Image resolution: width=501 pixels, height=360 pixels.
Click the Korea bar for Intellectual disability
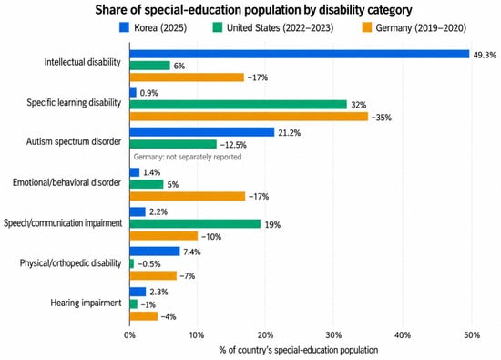(300, 54)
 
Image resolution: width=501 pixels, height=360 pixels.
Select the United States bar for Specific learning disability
(238, 105)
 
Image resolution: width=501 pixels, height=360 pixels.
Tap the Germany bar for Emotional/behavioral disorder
(188, 196)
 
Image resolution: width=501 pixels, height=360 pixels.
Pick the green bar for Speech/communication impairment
(195, 224)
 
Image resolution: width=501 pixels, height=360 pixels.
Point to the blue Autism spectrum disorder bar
(202, 132)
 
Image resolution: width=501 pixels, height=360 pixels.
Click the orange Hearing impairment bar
(143, 316)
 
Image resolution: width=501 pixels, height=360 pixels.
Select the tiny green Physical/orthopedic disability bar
(132, 263)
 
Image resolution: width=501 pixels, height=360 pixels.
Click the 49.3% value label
(485, 55)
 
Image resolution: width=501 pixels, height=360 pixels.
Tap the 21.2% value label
(289, 133)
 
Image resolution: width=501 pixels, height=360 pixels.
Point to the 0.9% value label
(148, 93)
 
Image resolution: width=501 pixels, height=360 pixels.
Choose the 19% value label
(272, 225)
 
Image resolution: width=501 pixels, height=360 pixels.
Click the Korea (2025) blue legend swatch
(124, 27)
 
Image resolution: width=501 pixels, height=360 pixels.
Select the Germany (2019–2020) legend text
(421, 28)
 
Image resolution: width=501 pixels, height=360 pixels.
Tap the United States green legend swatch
(218, 27)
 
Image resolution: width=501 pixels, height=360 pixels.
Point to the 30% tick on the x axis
(334, 335)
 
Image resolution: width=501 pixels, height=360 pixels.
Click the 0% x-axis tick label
(129, 335)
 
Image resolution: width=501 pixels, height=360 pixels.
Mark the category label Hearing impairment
(86, 303)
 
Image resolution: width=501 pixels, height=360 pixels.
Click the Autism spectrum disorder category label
(74, 141)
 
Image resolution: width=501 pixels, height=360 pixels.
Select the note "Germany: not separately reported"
(188, 157)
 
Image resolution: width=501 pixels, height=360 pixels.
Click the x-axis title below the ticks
(299, 350)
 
